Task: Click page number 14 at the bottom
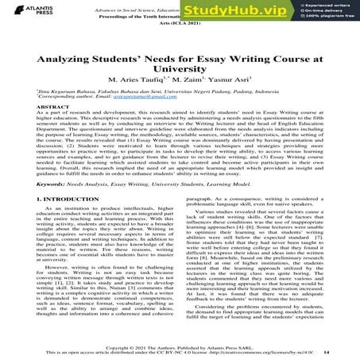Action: tap(348, 350)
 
